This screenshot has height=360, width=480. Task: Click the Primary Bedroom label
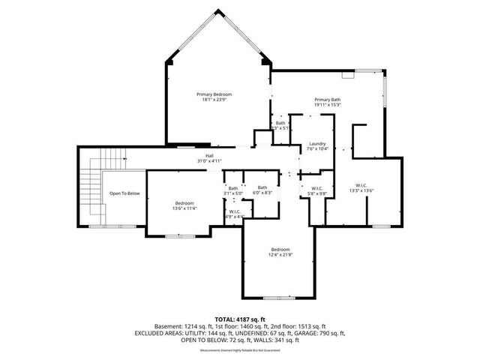pos(214,94)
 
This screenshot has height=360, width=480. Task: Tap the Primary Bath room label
pos(328,100)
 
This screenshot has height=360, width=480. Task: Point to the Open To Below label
pos(124,193)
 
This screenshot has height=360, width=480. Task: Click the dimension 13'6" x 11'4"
pos(185,208)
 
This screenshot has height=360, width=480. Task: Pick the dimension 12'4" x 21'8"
pos(280,255)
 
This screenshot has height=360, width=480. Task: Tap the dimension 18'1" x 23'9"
pos(214,100)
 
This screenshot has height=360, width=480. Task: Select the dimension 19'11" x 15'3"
pos(328,105)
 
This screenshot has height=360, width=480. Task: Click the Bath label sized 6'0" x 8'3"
pos(262,187)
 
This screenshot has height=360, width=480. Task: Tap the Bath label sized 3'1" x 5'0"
pos(233,188)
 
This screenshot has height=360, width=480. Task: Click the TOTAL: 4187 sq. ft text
pos(240,320)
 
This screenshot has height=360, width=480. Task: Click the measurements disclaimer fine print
pos(240,350)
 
